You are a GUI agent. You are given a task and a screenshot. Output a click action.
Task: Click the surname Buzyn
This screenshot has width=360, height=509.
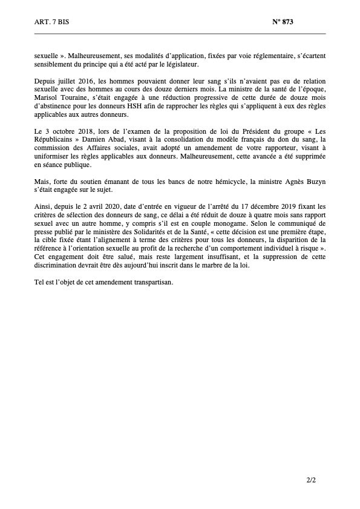click(x=315, y=182)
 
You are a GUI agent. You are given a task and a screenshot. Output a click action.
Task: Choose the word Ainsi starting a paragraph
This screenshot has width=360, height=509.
click(x=42, y=206)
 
